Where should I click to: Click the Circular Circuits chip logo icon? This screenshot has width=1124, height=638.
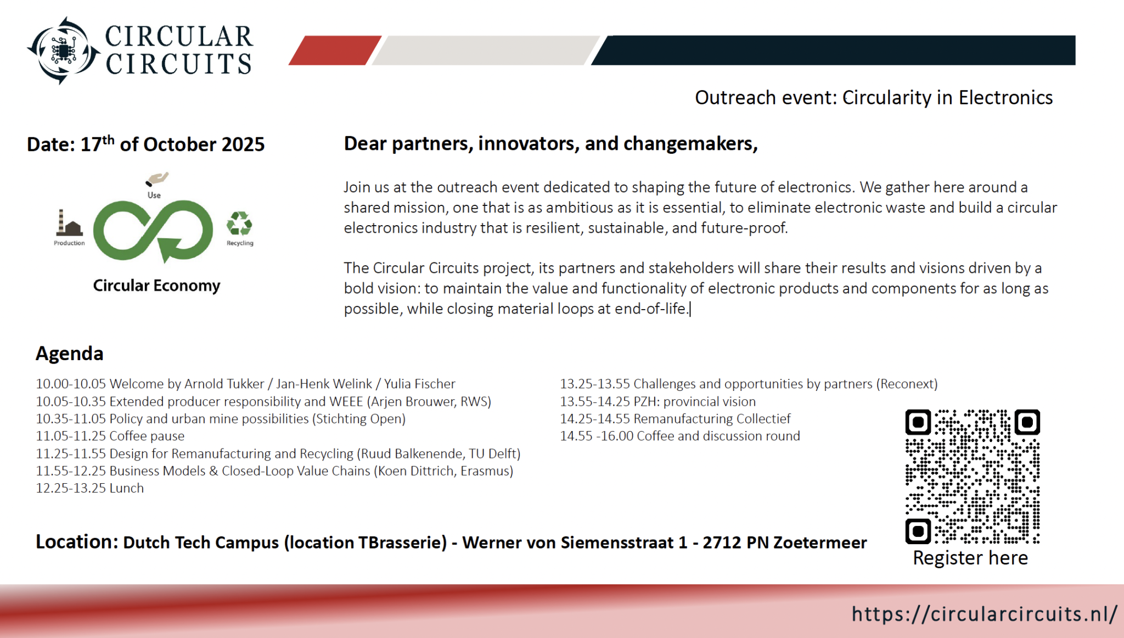coord(64,51)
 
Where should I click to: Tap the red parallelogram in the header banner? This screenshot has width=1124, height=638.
coord(335,51)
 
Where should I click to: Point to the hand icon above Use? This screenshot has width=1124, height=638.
coord(157,179)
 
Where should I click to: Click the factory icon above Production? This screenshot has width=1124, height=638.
coord(69,223)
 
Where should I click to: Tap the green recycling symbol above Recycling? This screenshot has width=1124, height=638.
coord(239,224)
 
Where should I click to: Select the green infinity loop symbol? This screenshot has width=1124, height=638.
coord(153,231)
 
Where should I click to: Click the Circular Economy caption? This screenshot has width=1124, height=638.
coord(156,286)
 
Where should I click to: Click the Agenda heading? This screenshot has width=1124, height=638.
coord(70,354)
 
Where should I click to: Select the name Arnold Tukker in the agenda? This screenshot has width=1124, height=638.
coord(224,384)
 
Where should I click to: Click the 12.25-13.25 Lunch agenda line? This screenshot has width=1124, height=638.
coord(90,488)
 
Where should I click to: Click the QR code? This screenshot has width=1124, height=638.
coord(973,477)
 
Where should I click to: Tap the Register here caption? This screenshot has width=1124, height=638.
coord(970,558)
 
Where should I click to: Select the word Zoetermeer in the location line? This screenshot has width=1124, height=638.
coord(820,542)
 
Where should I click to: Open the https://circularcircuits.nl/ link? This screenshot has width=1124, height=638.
coord(984,614)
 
